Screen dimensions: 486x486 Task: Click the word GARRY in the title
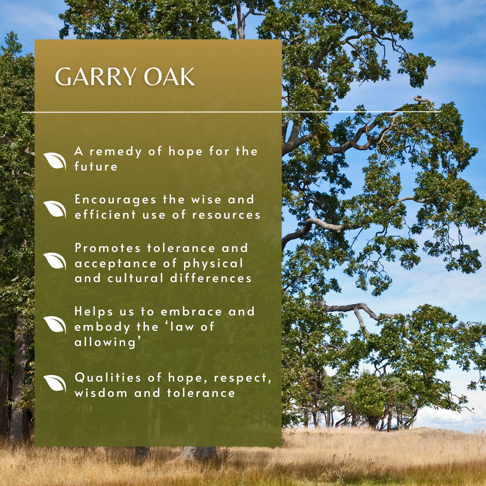(95, 76)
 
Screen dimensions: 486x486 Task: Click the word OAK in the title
(169, 76)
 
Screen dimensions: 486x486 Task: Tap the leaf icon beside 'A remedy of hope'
(55, 161)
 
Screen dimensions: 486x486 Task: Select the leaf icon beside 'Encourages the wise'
(55, 209)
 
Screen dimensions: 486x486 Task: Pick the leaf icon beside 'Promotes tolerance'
(55, 261)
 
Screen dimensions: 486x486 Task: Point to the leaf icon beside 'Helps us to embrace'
(55, 324)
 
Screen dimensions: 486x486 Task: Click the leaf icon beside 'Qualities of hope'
(55, 383)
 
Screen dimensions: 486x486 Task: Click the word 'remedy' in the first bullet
(116, 152)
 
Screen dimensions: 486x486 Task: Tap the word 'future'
(96, 167)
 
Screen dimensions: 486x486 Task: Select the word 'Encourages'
(115, 200)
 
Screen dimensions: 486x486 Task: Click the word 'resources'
(226, 215)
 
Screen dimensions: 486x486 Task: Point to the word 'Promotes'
(108, 248)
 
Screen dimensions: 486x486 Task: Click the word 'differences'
(211, 279)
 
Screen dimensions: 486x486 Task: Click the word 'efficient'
(105, 215)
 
